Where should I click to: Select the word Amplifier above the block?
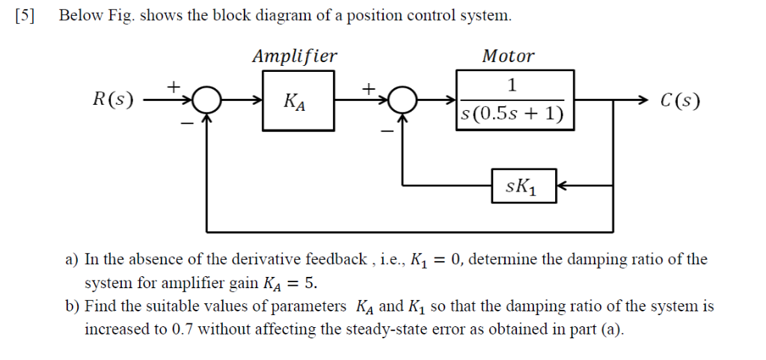coord(294,56)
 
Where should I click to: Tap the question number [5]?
coord(25,16)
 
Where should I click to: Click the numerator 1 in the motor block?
coord(513,84)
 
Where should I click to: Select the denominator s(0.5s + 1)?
coord(512,115)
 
